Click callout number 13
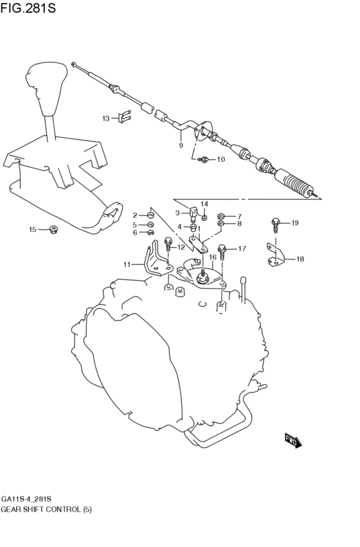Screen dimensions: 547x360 click(x=106, y=118)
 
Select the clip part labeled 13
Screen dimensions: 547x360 click(x=125, y=117)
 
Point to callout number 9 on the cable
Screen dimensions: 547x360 click(x=181, y=146)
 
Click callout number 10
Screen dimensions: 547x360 click(x=221, y=159)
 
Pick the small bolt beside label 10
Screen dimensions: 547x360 click(x=204, y=159)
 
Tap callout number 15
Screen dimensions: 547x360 click(x=33, y=229)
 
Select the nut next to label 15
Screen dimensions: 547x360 click(x=53, y=228)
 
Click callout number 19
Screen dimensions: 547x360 click(x=295, y=223)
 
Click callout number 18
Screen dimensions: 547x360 click(x=300, y=259)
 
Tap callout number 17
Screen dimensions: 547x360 click(x=242, y=249)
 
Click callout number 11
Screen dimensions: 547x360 click(x=127, y=264)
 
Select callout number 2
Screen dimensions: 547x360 click(x=136, y=215)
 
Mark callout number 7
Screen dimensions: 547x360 click(x=239, y=216)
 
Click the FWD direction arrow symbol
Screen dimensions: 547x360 click(x=293, y=441)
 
